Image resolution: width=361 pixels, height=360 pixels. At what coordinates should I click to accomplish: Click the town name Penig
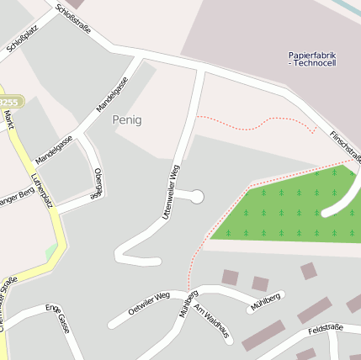coord(127,120)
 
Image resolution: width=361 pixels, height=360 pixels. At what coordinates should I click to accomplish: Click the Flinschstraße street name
coord(344,145)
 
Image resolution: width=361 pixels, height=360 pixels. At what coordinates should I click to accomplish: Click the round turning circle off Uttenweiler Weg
coord(197,197)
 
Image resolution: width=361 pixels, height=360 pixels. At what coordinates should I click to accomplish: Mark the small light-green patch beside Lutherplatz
coord(51,251)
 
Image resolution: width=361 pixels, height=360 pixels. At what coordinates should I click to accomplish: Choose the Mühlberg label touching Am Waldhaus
coord(188,304)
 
